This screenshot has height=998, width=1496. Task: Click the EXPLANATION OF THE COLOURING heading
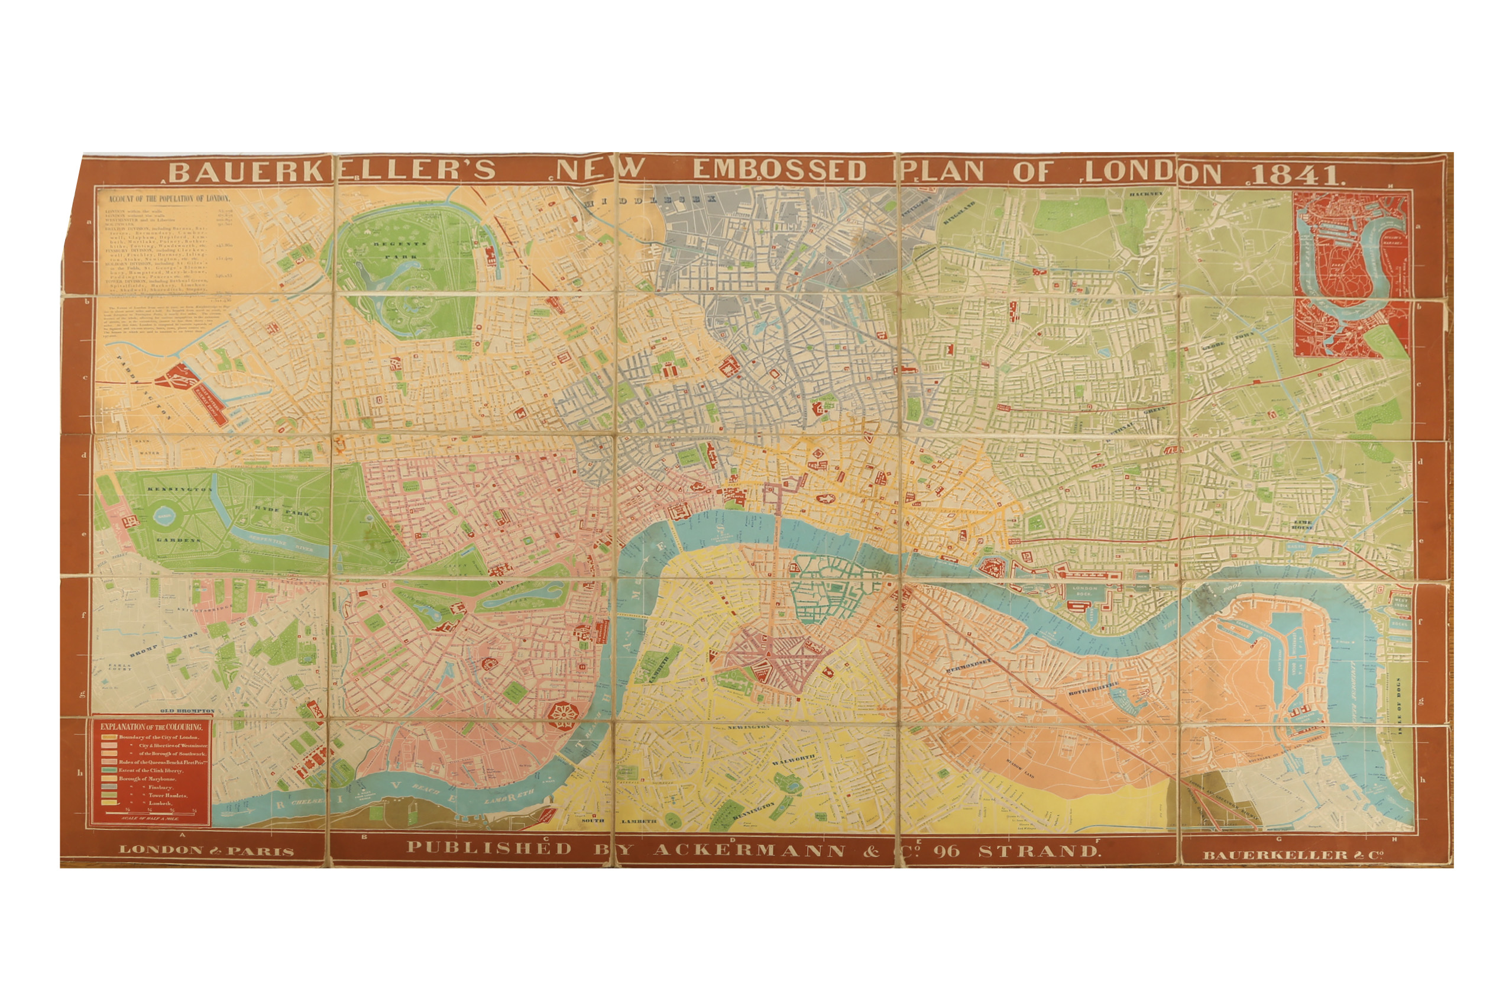[151, 726]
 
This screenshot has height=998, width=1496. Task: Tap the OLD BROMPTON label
[187, 711]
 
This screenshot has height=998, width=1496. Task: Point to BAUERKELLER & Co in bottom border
[1293, 855]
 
